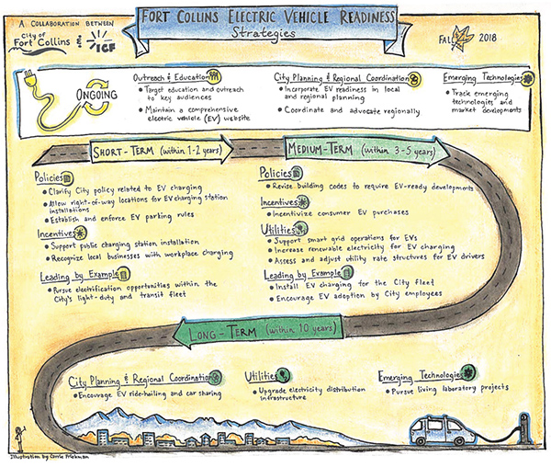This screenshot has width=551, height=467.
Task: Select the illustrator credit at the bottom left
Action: click(x=41, y=458)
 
